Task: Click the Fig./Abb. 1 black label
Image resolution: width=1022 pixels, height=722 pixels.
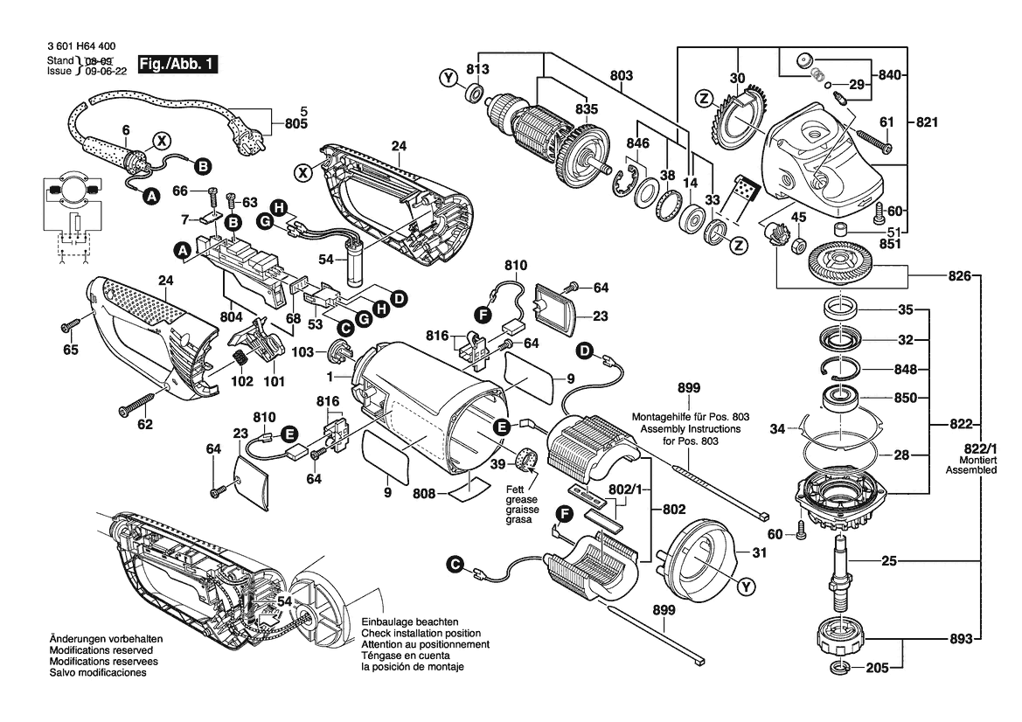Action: pyautogui.click(x=177, y=65)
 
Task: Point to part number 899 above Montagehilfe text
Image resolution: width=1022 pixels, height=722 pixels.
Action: pyautogui.click(x=690, y=387)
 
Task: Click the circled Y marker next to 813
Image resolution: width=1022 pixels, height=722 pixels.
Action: pyautogui.click(x=448, y=80)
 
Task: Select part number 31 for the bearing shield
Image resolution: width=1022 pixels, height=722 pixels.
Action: pyautogui.click(x=757, y=552)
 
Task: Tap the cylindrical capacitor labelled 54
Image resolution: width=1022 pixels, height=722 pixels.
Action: pyautogui.click(x=355, y=266)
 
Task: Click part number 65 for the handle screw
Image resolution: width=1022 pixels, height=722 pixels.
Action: pyautogui.click(x=70, y=351)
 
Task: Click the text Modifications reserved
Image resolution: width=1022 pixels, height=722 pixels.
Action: pyautogui.click(x=101, y=651)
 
